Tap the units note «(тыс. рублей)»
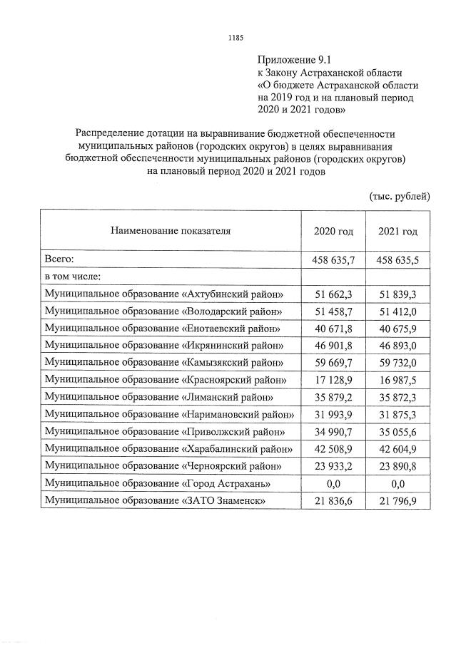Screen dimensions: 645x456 pyautogui.click(x=399, y=195)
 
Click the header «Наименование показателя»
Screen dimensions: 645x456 pyautogui.click(x=171, y=231)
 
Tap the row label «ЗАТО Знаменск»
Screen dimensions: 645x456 pyautogui.click(x=155, y=502)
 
